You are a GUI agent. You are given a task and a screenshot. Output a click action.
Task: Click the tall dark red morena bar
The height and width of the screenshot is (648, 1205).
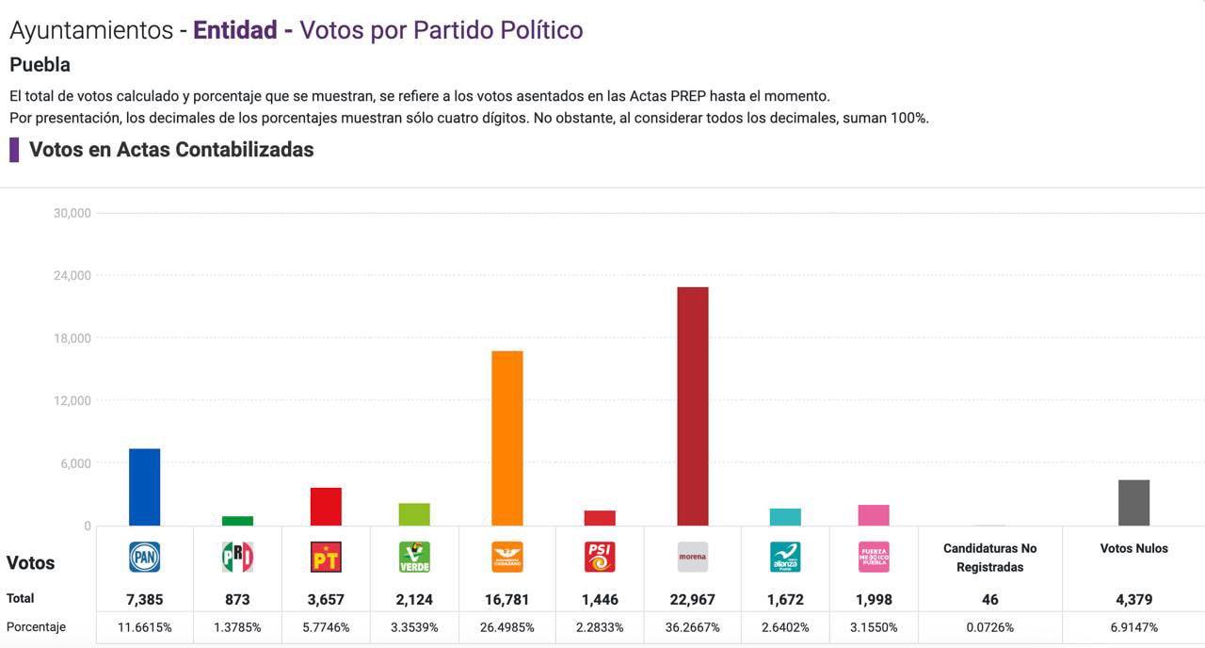pyautogui.click(x=692, y=406)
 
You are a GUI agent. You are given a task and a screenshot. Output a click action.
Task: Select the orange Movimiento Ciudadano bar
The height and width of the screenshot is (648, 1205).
pyautogui.click(x=507, y=438)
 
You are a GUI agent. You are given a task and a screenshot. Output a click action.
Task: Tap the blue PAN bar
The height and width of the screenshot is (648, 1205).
pyautogui.click(x=144, y=487)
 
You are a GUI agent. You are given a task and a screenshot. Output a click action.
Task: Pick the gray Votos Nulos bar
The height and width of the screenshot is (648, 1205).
pyautogui.click(x=1133, y=503)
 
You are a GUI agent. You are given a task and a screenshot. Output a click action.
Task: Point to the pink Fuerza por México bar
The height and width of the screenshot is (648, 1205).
pyautogui.click(x=874, y=515)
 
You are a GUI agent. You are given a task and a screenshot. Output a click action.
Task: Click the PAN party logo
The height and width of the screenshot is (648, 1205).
pyautogui.click(x=144, y=557)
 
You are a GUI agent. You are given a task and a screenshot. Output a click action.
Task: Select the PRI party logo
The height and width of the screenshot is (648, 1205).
pyautogui.click(x=237, y=557)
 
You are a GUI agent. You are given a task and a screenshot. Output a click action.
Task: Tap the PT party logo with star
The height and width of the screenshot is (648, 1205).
pyautogui.click(x=326, y=557)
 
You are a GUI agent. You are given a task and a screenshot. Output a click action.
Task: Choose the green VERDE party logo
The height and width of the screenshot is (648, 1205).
pyautogui.click(x=414, y=557)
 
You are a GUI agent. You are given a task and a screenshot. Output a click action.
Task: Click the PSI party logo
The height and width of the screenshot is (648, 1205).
pyautogui.click(x=600, y=557)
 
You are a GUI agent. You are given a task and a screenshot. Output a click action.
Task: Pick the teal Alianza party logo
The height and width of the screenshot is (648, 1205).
pyautogui.click(x=785, y=557)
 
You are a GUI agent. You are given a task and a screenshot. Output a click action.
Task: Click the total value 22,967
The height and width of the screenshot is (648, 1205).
pyautogui.click(x=692, y=599)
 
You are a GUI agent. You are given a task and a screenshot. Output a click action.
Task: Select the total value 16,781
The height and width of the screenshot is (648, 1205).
pyautogui.click(x=507, y=599)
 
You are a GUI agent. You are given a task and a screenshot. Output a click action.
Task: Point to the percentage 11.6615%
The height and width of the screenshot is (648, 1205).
pyautogui.click(x=144, y=627)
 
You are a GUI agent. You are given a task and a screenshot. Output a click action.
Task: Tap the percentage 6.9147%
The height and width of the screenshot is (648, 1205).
pyautogui.click(x=1133, y=627)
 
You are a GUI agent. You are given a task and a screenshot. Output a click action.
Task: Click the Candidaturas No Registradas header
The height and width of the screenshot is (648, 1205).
pyautogui.click(x=989, y=558)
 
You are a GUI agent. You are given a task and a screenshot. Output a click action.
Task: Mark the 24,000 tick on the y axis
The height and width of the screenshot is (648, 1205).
pyautogui.click(x=72, y=275)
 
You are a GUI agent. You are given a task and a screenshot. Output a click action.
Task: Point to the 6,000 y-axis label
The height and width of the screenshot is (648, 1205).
pyautogui.click(x=76, y=463)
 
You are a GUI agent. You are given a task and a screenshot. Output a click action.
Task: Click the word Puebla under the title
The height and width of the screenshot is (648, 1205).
pyautogui.click(x=40, y=65)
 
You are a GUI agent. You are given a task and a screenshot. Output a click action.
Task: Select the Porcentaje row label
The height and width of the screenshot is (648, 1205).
pyautogui.click(x=37, y=627)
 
